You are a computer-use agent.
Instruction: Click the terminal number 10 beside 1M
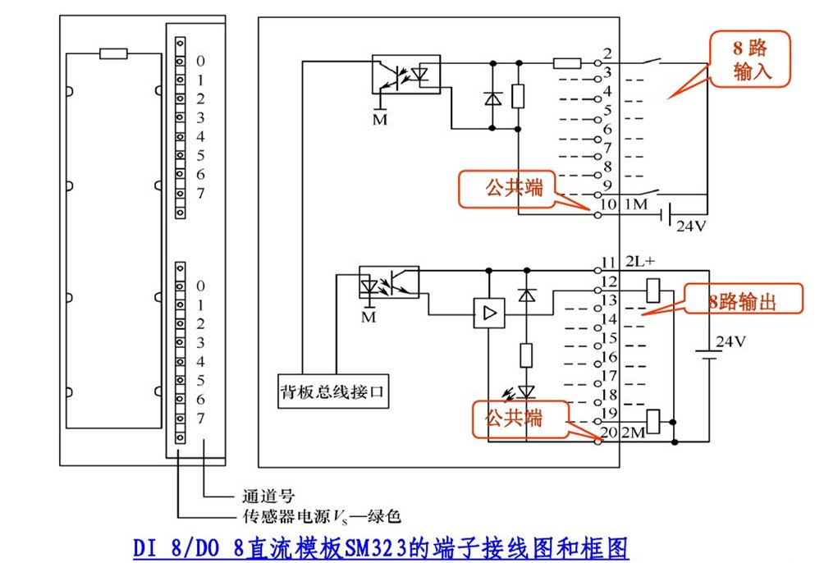click(609, 204)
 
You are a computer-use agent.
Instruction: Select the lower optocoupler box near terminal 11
click(389, 281)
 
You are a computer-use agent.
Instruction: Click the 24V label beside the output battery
click(730, 341)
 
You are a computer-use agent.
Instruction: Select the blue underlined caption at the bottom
click(381, 547)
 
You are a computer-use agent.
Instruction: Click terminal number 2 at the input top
click(607, 54)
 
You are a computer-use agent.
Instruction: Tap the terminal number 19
click(608, 413)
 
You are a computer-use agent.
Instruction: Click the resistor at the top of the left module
click(113, 53)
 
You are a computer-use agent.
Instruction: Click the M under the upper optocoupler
click(379, 120)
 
